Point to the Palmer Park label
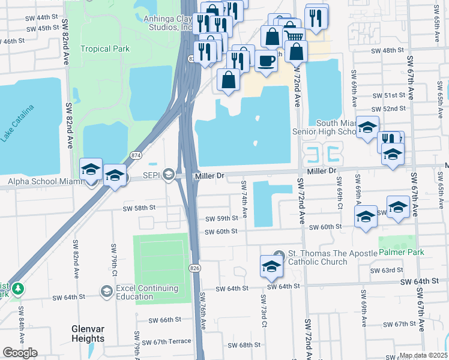coord(401,252)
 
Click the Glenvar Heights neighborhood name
coord(96,334)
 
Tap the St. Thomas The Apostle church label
coord(318,257)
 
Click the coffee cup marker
coord(266,60)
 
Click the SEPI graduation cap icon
coord(169,175)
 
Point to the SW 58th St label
coord(139,208)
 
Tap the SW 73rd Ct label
coord(264,311)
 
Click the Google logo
coord(20,353)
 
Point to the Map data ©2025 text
coord(423,355)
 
